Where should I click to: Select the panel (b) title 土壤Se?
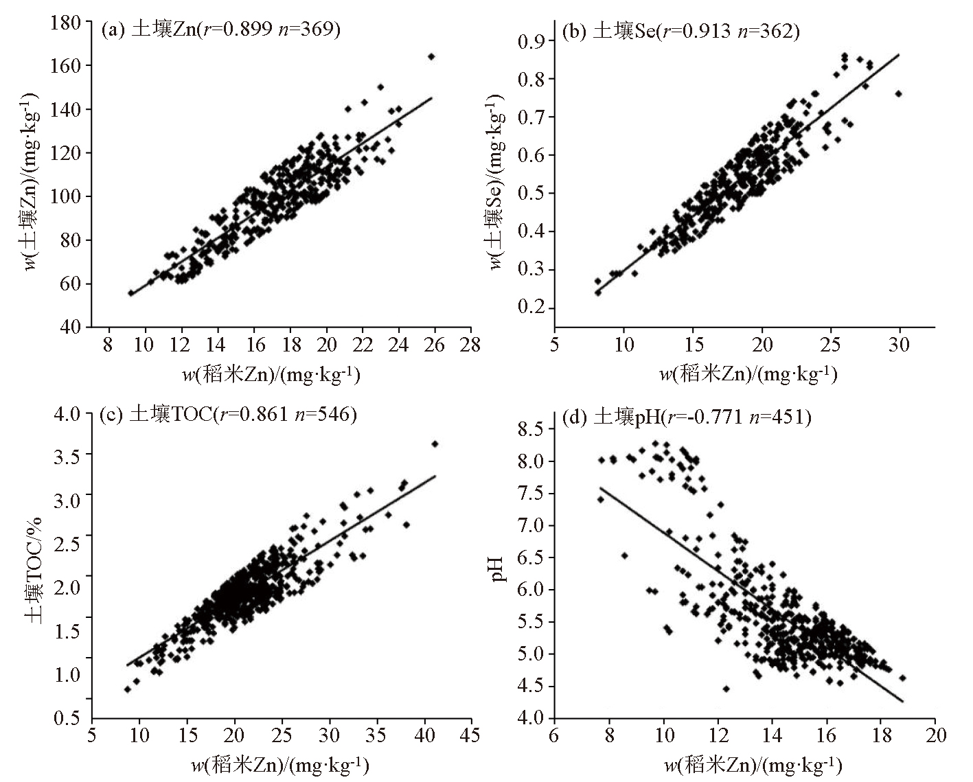point(680,31)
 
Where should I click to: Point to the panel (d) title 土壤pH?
point(686,417)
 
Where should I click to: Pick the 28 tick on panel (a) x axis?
point(470,343)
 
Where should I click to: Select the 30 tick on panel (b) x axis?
point(900,343)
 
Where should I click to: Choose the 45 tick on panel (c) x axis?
point(470,735)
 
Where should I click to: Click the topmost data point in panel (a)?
point(431,56)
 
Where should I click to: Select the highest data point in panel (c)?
point(435,444)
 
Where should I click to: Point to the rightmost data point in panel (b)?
point(898,93)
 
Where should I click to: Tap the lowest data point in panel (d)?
point(726,689)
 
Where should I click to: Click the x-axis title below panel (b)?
point(748,374)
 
